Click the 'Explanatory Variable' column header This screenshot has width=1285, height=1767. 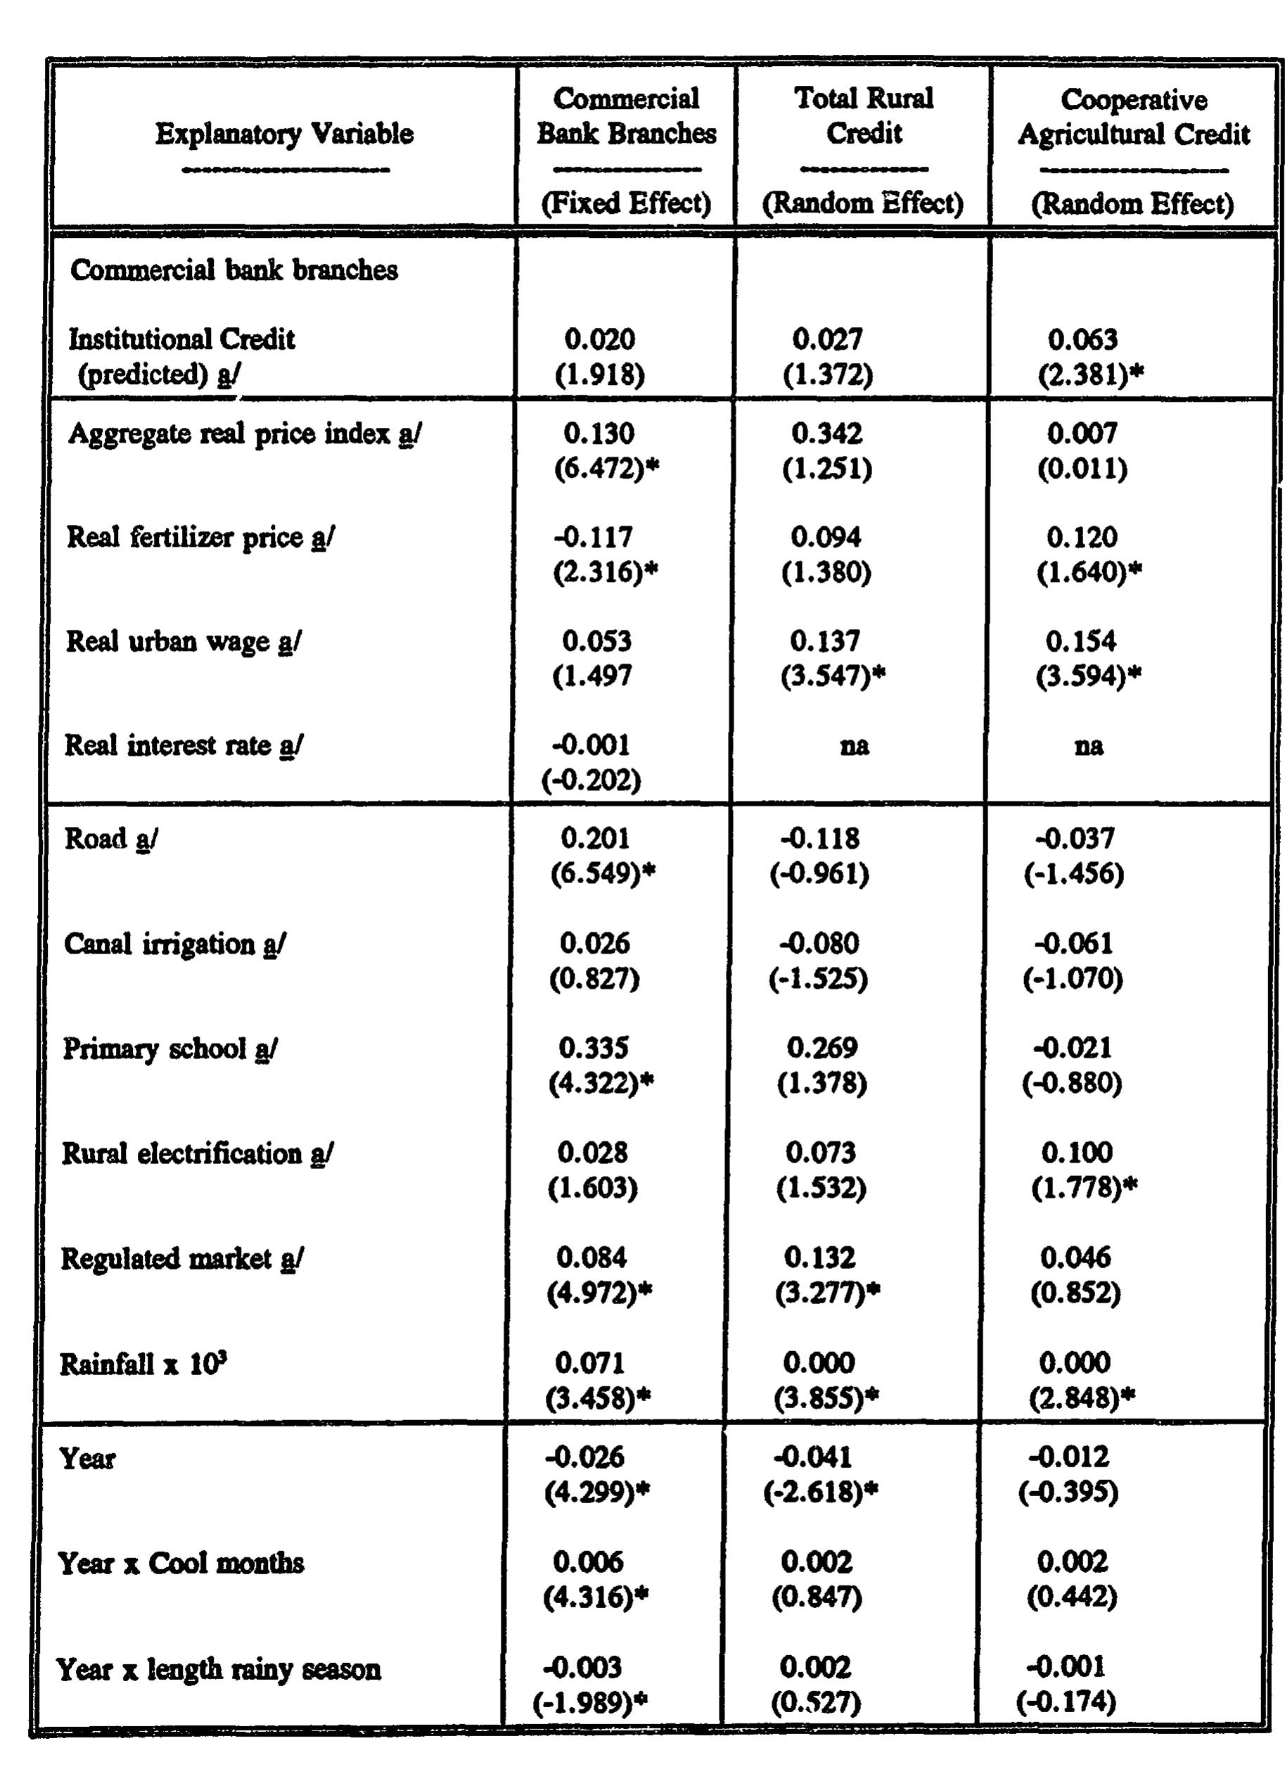(284, 134)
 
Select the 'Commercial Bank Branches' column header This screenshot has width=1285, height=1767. (626, 116)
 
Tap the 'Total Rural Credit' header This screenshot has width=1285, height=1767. (864, 116)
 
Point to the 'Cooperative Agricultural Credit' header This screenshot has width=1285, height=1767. (1133, 118)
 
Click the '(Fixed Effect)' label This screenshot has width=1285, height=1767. (626, 204)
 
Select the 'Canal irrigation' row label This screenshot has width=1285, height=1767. (174, 944)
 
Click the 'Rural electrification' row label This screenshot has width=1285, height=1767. (197, 1154)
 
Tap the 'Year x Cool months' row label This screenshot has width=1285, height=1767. (181, 1564)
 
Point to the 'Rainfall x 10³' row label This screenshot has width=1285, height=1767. (143, 1364)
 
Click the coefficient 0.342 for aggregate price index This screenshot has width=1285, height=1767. (827, 434)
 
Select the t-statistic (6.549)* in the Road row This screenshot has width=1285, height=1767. (603, 874)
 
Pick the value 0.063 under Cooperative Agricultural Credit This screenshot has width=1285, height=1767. (1082, 340)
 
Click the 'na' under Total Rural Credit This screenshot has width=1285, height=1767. (855, 747)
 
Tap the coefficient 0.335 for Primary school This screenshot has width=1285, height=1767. (594, 1049)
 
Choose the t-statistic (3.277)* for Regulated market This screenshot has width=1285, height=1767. (827, 1293)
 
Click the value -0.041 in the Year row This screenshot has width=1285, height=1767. (812, 1457)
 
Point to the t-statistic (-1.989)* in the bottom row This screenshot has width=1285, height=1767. (590, 1703)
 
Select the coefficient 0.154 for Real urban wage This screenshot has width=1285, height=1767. (1081, 641)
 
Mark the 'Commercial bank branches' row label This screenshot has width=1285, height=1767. (234, 270)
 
